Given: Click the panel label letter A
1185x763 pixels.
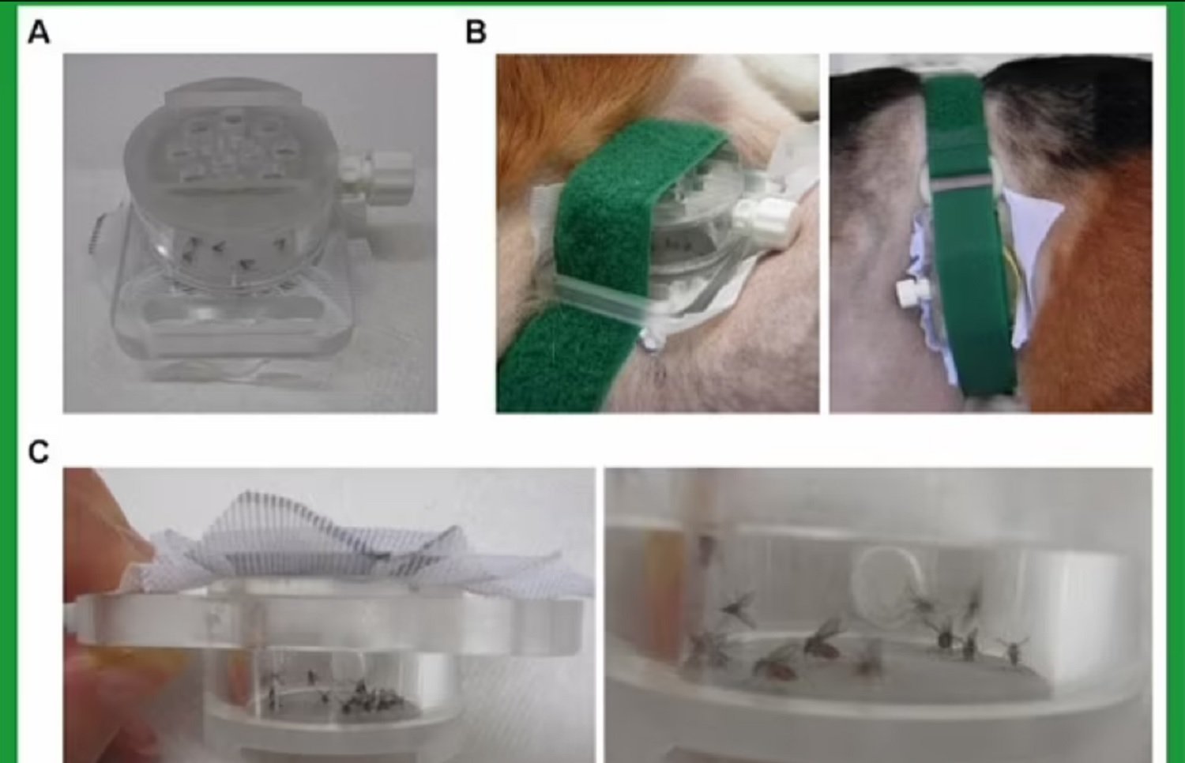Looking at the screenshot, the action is tap(39, 33).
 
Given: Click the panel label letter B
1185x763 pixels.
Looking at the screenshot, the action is tap(476, 32).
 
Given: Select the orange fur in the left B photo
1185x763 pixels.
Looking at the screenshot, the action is tap(561, 106).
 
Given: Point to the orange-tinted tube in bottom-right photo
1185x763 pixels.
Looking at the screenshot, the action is tap(661, 595).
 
